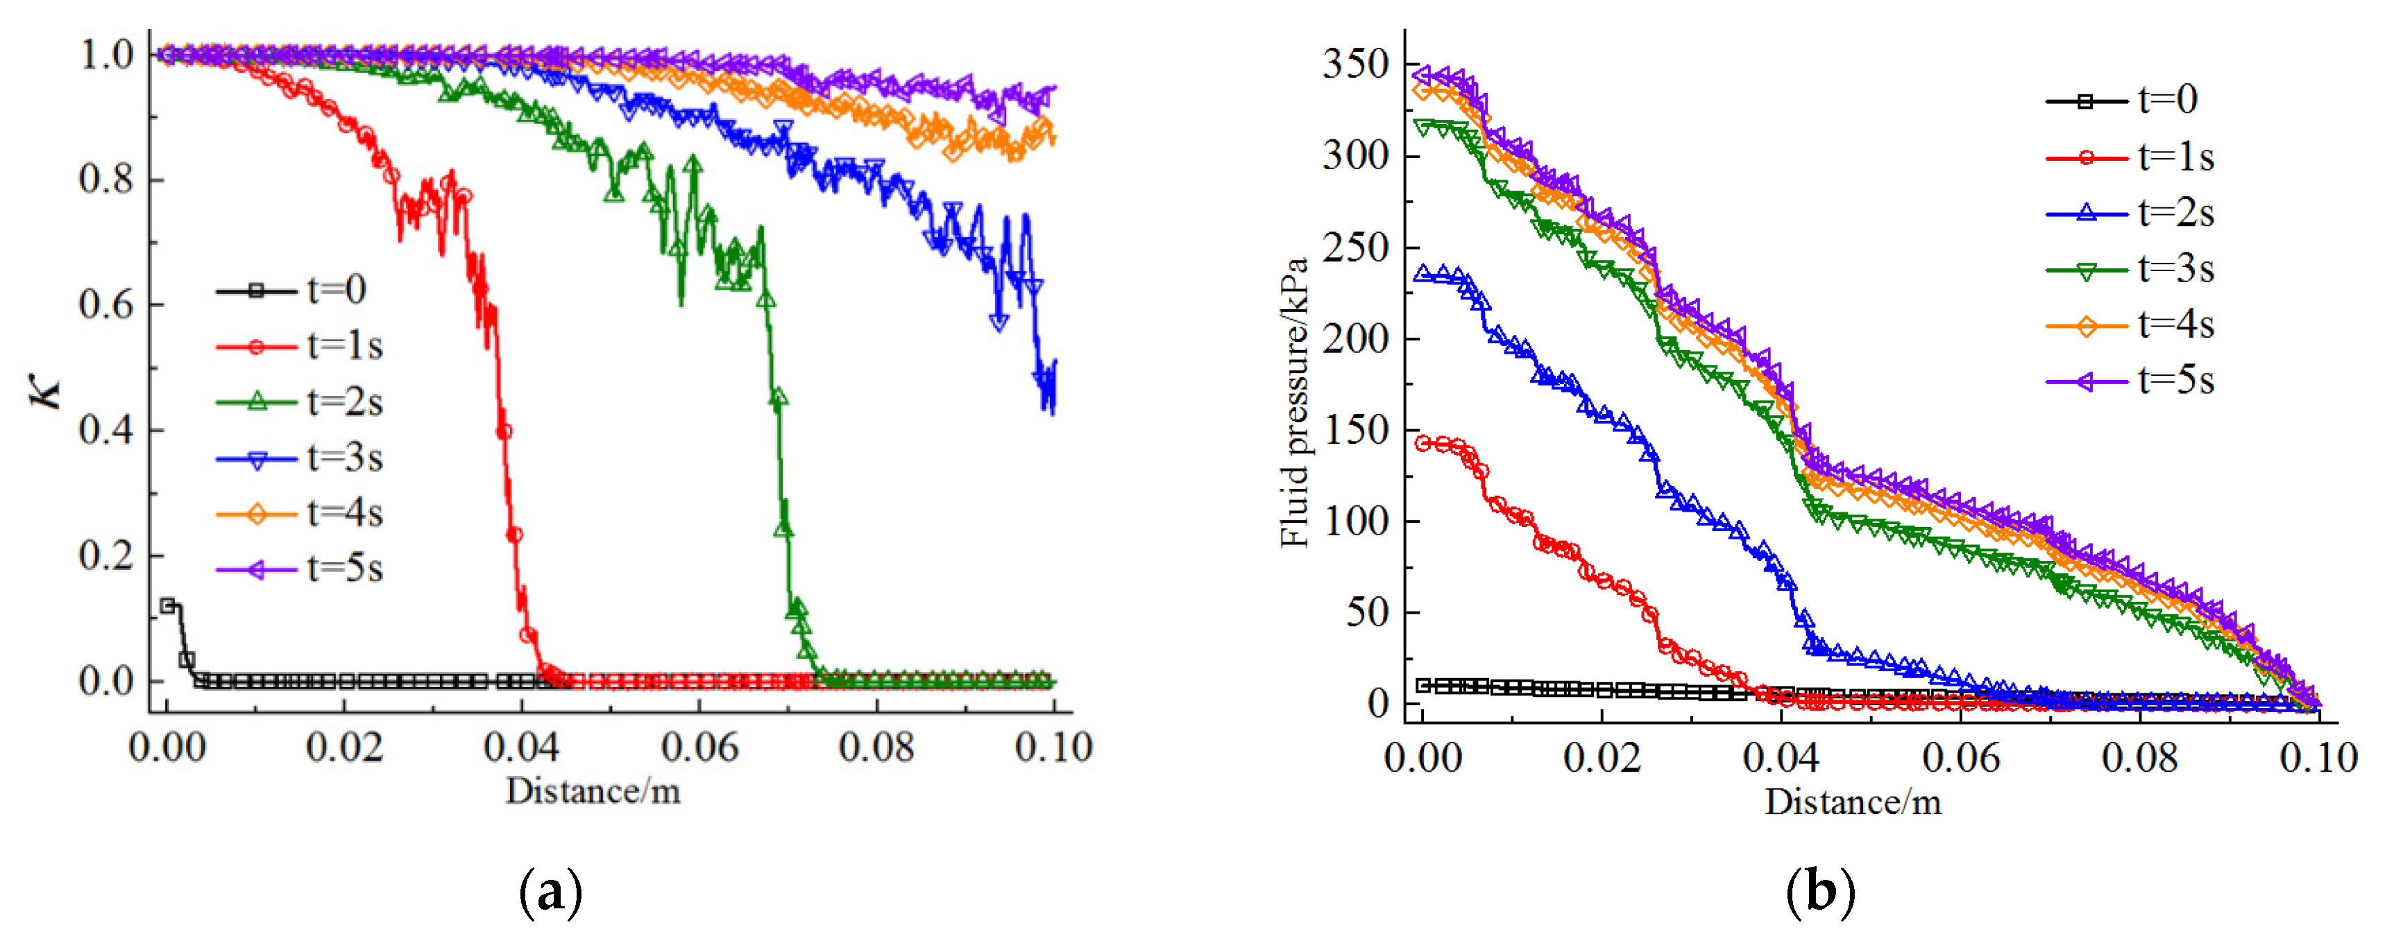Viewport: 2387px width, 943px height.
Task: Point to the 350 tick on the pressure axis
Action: pyautogui.click(x=1354, y=65)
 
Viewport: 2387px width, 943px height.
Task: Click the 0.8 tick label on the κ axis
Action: pyautogui.click(x=107, y=179)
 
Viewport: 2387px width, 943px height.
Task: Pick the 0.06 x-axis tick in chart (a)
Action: pyautogui.click(x=699, y=747)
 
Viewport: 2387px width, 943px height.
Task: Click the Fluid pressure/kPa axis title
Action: pyautogui.click(x=1295, y=403)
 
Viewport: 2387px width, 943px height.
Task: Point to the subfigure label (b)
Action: pyautogui.click(x=1820, y=892)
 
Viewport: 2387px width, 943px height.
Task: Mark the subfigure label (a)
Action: pyautogui.click(x=552, y=892)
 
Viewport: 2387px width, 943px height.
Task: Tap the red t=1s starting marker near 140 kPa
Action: pyautogui.click(x=1422, y=444)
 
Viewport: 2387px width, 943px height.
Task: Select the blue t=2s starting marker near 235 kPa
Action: pyautogui.click(x=1422, y=273)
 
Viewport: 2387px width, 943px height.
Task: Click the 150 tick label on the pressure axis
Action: pyautogui.click(x=1354, y=431)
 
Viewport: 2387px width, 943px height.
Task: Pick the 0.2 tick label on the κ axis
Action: pyautogui.click(x=107, y=556)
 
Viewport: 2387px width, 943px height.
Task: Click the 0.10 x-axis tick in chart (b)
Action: pyautogui.click(x=2318, y=758)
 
